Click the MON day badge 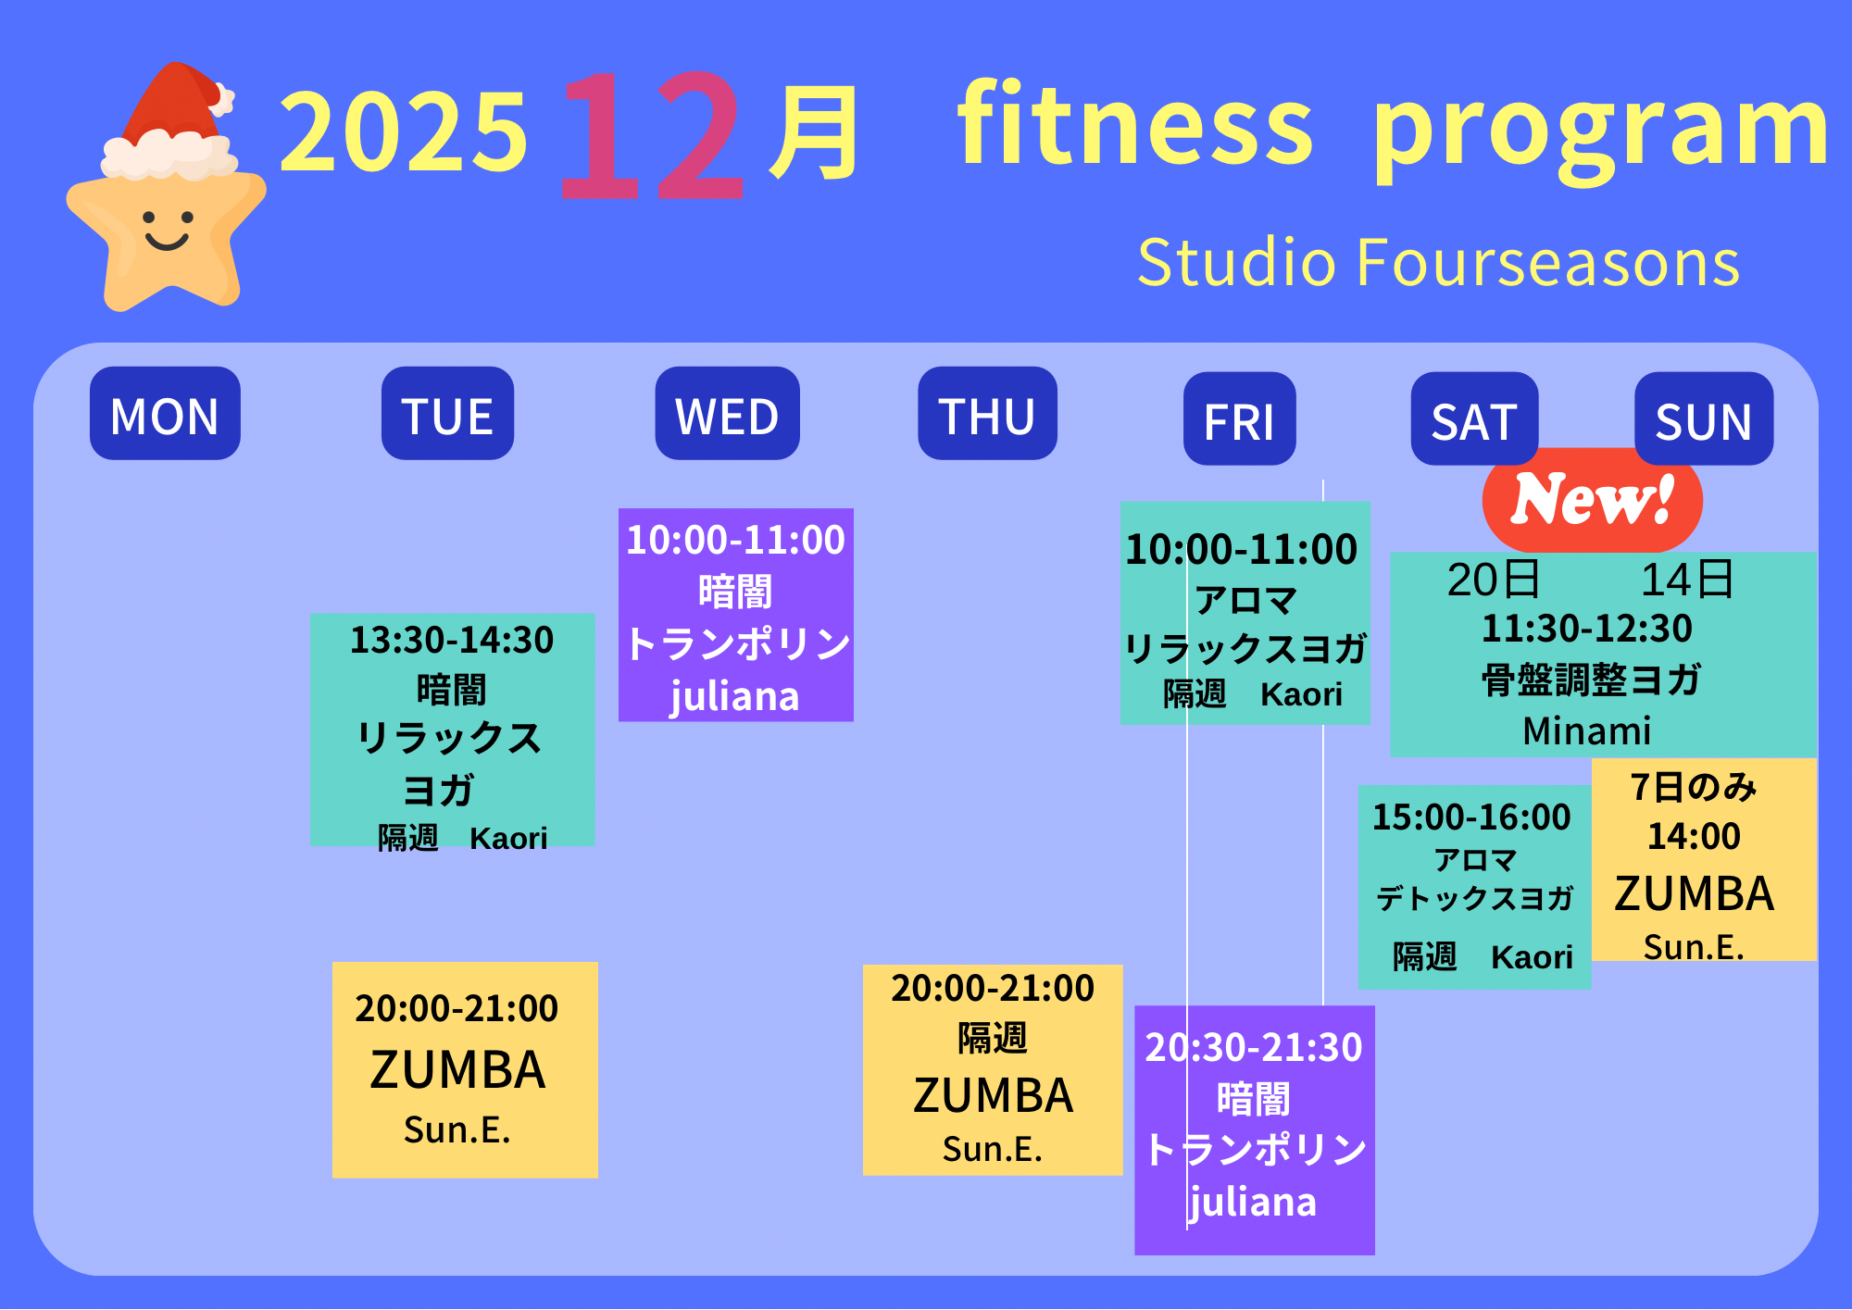pyautogui.click(x=165, y=413)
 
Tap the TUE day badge pyautogui.click(x=447, y=413)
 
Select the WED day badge pyautogui.click(x=727, y=413)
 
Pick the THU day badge pyautogui.click(x=987, y=413)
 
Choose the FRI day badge pyautogui.click(x=1239, y=418)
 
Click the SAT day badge pyautogui.click(x=1474, y=418)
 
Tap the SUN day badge pyautogui.click(x=1704, y=418)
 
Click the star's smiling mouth pyautogui.click(x=168, y=243)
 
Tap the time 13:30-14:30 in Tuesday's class pyautogui.click(x=452, y=640)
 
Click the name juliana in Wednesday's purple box pyautogui.click(x=735, y=696)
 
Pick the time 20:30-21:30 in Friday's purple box pyautogui.click(x=1254, y=1047)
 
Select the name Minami pyautogui.click(x=1587, y=730)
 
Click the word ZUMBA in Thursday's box pyautogui.click(x=993, y=1096)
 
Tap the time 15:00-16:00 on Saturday pyautogui.click(x=1471, y=817)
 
